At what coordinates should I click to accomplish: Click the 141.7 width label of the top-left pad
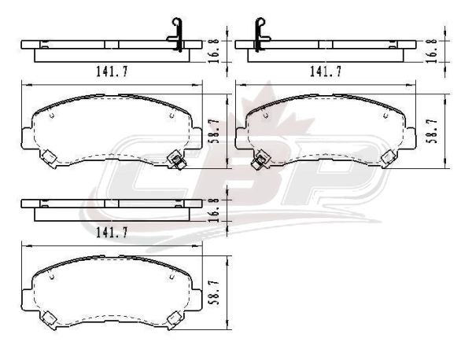pyautogui.click(x=112, y=72)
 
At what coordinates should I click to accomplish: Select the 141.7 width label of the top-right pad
pyautogui.click(x=326, y=72)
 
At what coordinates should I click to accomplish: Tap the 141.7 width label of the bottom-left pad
pyautogui.click(x=112, y=232)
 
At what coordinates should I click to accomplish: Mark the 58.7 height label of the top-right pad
pyautogui.click(x=432, y=130)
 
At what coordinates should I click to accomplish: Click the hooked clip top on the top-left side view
pyautogui.click(x=177, y=23)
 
